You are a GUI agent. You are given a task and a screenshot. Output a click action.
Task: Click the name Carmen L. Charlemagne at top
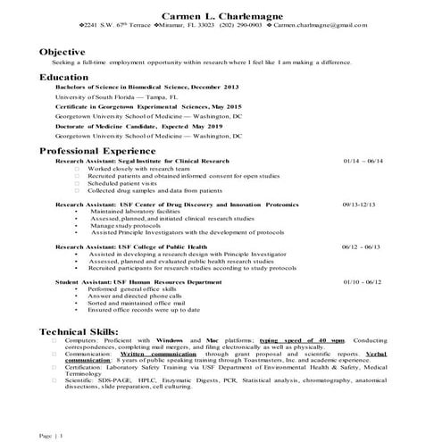[x=221, y=16]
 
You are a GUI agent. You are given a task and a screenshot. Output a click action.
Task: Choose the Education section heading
[x=63, y=78]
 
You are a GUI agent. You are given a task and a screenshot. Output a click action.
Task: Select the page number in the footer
[x=53, y=435]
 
